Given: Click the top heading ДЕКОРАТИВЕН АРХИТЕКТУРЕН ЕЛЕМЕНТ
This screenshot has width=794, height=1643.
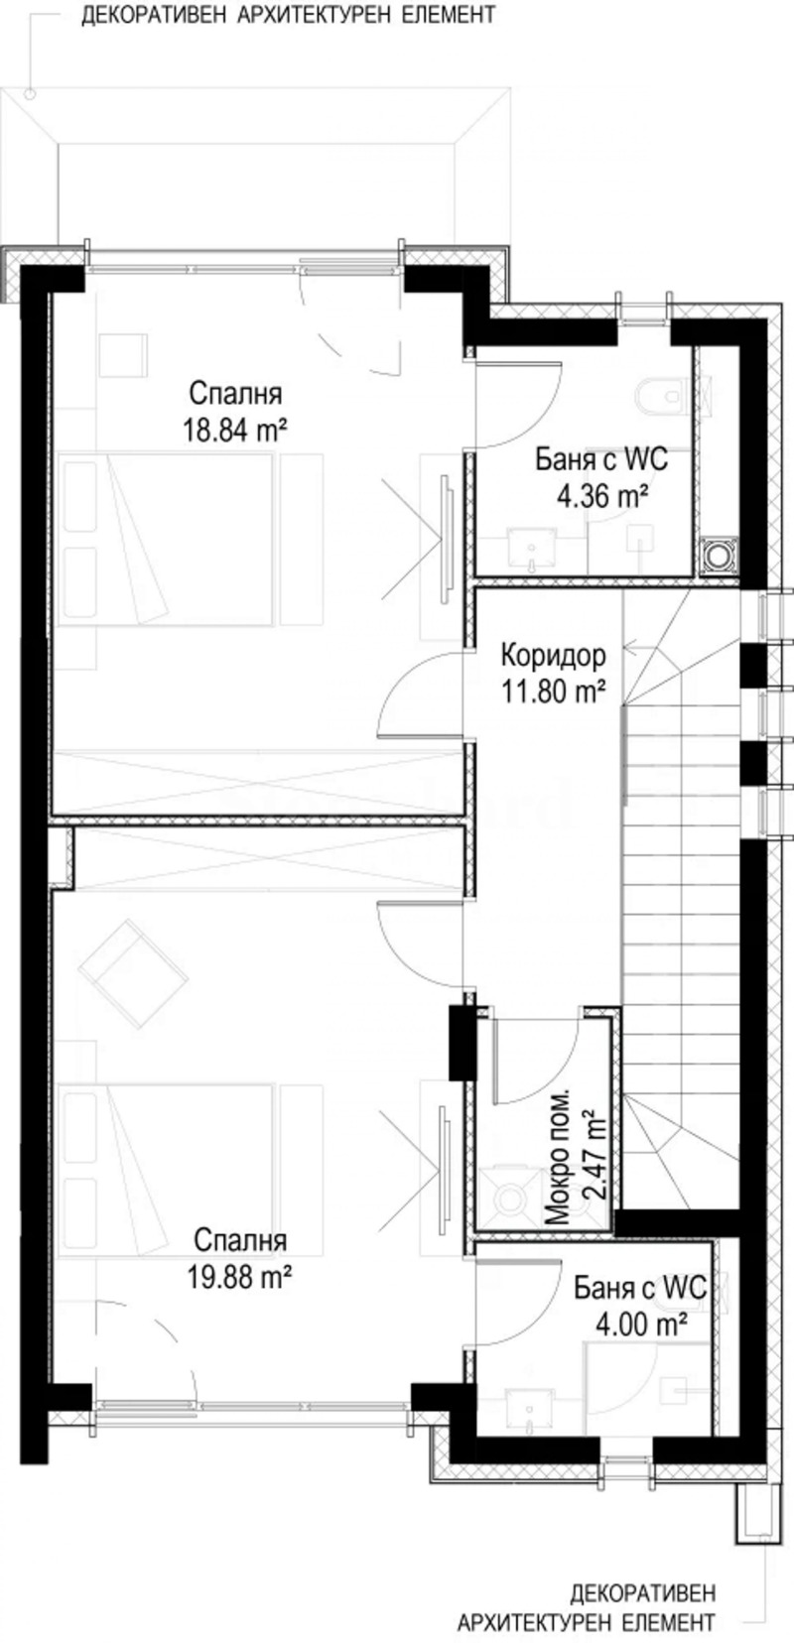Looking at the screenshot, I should click(x=288, y=17).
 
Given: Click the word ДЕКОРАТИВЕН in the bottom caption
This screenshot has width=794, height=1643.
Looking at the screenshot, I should click(x=642, y=1593).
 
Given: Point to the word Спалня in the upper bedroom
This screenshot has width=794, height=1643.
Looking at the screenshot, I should click(x=235, y=394).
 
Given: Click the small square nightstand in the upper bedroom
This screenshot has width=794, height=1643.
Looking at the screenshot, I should click(x=123, y=354).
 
